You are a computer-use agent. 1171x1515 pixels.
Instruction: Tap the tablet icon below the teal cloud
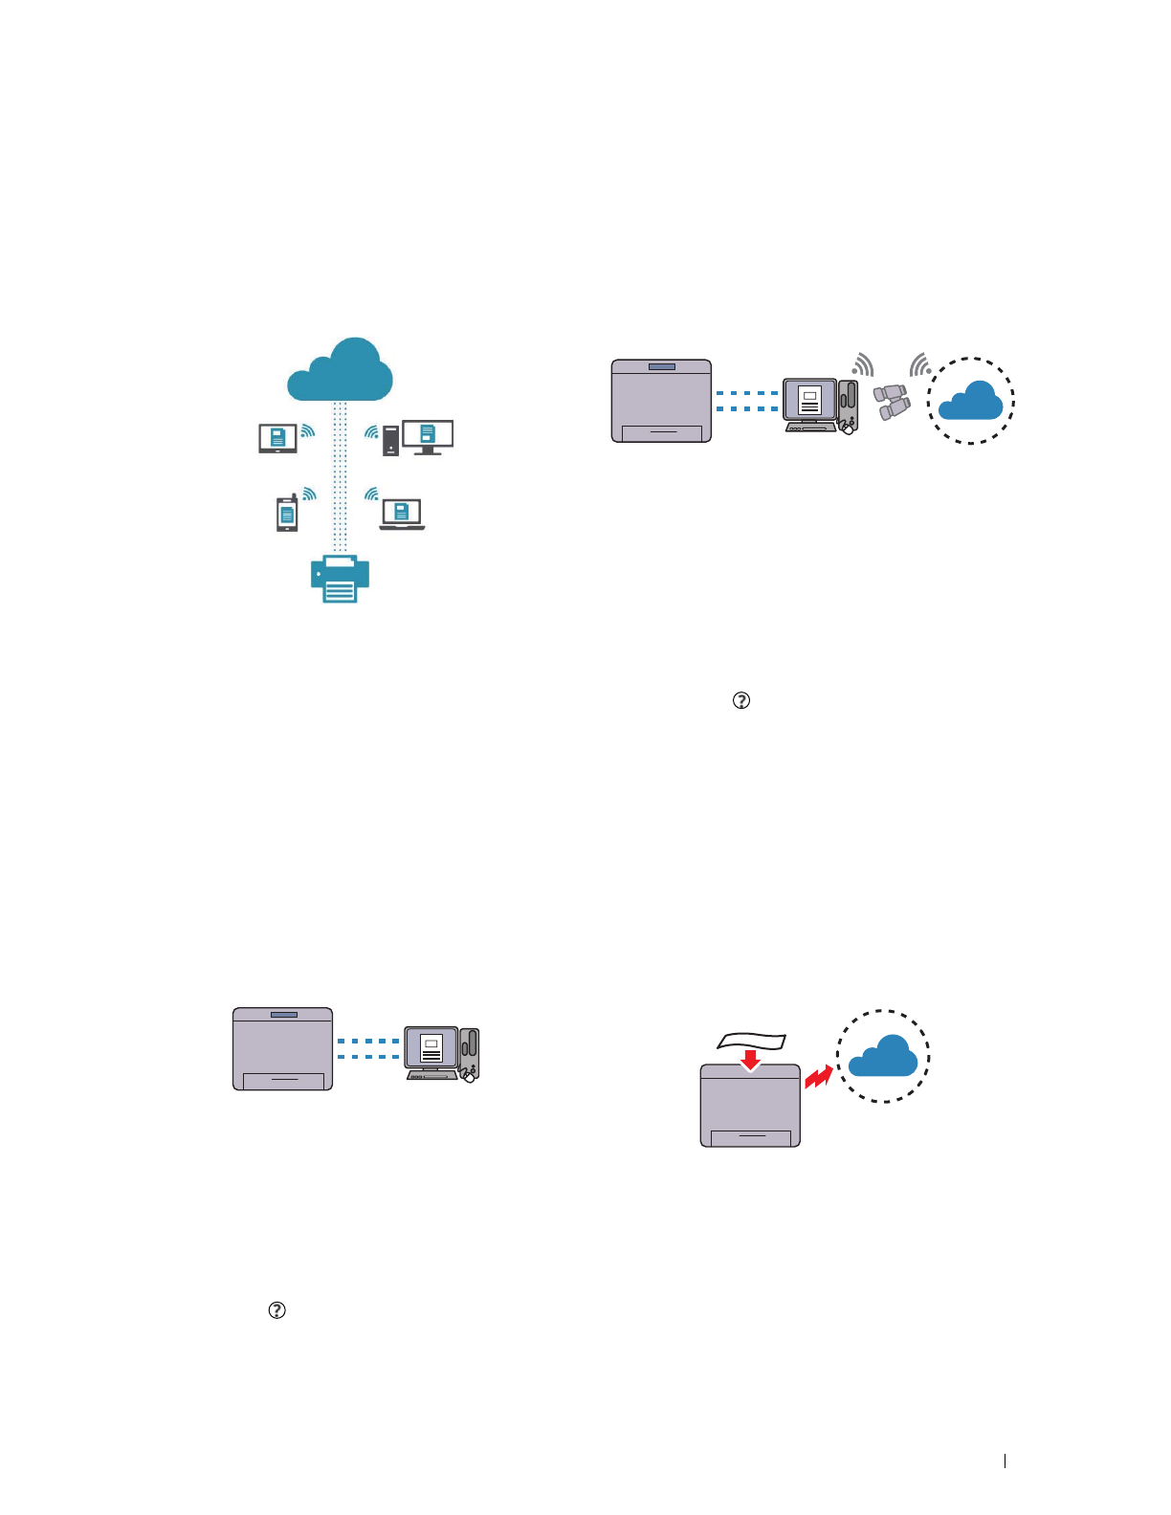click(277, 438)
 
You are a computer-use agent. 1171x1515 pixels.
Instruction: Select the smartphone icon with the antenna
click(287, 514)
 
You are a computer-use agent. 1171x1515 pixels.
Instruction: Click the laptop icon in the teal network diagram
click(402, 515)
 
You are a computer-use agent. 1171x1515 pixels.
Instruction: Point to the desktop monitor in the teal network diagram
click(428, 436)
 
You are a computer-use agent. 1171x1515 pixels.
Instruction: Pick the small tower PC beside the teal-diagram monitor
click(390, 441)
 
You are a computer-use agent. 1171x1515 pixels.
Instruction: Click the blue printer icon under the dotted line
click(340, 579)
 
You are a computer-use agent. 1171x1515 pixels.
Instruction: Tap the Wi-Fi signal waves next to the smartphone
click(309, 494)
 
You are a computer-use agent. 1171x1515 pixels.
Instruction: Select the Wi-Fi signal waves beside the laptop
click(371, 494)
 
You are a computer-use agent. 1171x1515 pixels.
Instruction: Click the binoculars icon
click(892, 401)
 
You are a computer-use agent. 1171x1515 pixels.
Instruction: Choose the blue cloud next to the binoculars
click(970, 401)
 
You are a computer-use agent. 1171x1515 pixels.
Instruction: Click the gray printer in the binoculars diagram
click(661, 401)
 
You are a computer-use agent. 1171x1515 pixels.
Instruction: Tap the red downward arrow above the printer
click(751, 1060)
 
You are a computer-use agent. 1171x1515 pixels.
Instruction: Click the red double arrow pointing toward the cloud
click(818, 1077)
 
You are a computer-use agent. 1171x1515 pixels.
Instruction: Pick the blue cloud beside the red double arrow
click(883, 1056)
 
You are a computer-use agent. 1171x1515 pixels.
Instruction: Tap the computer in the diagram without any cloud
click(441, 1053)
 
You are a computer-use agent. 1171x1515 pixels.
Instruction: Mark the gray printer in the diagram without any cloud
click(283, 1048)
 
